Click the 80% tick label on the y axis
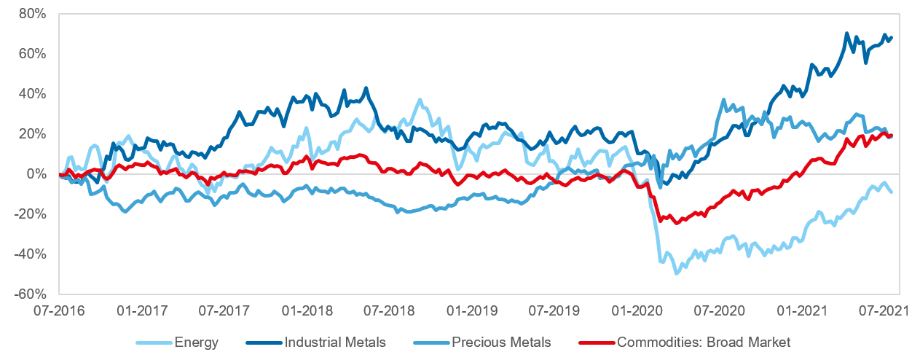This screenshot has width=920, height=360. tap(34, 14)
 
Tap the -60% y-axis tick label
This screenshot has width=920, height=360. tap(31, 294)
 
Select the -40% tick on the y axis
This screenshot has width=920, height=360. tap(31, 254)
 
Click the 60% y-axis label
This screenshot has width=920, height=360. tap(34, 54)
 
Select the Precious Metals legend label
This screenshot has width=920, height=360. tap(500, 342)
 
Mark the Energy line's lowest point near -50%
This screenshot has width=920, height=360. tap(677, 273)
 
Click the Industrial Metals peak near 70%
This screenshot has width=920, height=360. tap(846, 34)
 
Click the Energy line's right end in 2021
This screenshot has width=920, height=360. tap(892, 192)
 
